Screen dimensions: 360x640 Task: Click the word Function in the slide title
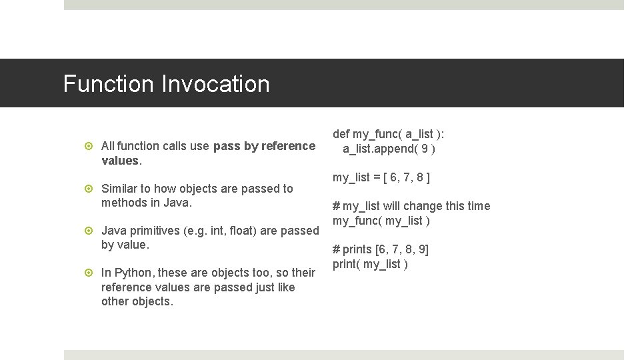[x=108, y=84]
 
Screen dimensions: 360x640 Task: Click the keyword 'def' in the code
[x=341, y=134]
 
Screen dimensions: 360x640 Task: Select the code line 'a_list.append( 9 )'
[x=389, y=149]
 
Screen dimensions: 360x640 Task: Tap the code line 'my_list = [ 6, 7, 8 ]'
[x=381, y=177]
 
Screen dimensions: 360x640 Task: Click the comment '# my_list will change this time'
[x=411, y=206]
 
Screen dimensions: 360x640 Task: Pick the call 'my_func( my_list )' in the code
[x=381, y=221]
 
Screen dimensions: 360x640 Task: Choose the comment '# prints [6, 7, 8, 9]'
[x=381, y=249]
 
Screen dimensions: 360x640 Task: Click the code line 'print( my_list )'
[x=371, y=264]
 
